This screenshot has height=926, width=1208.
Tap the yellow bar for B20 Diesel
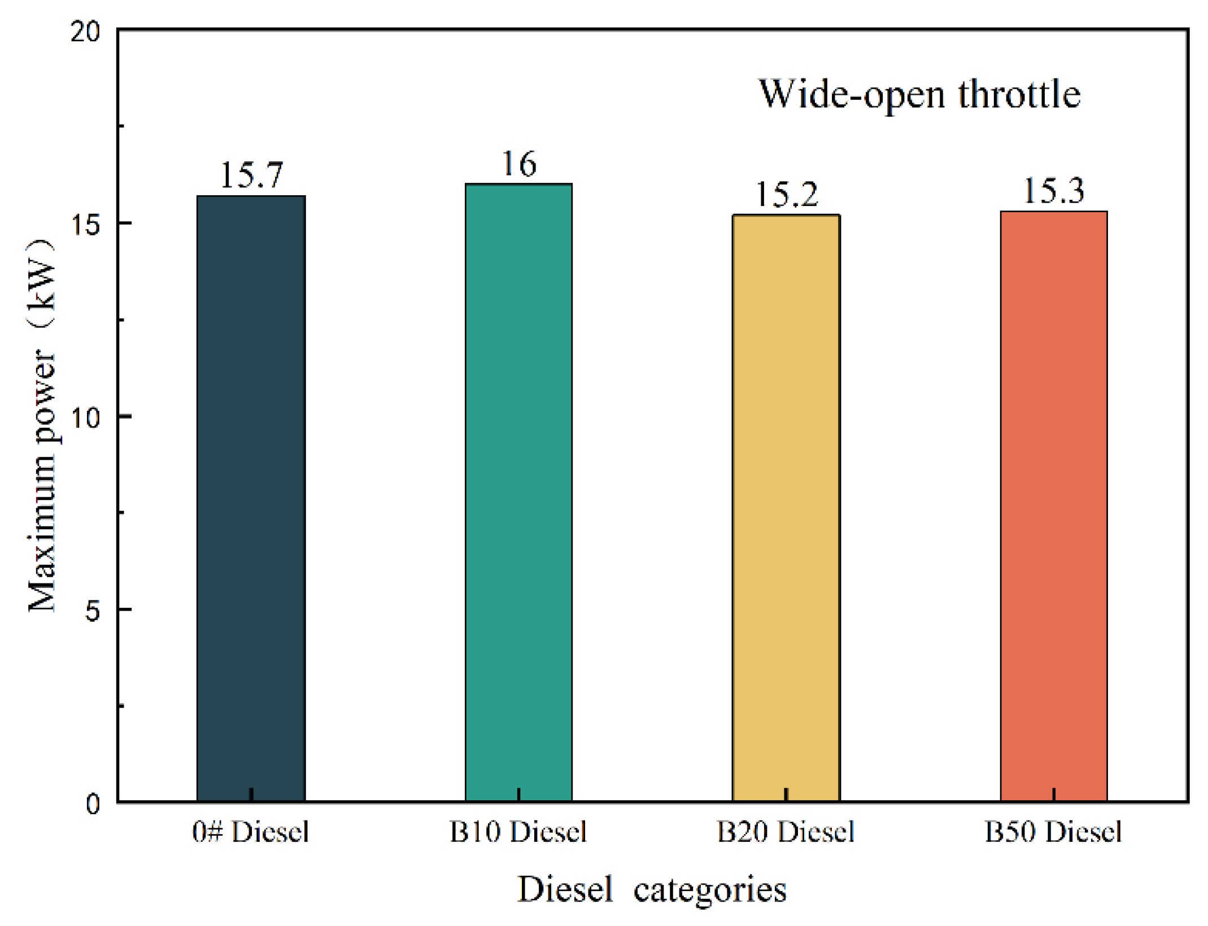tap(786, 508)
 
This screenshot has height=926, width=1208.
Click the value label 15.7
tap(251, 175)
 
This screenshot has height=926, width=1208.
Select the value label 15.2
tap(786, 195)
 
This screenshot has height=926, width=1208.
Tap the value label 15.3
tap(1053, 191)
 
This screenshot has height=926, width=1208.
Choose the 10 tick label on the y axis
tap(85, 418)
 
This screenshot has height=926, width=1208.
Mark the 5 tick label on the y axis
tap(92, 611)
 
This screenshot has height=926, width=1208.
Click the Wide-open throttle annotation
tap(919, 94)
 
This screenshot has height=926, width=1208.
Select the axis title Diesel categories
tap(652, 890)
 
